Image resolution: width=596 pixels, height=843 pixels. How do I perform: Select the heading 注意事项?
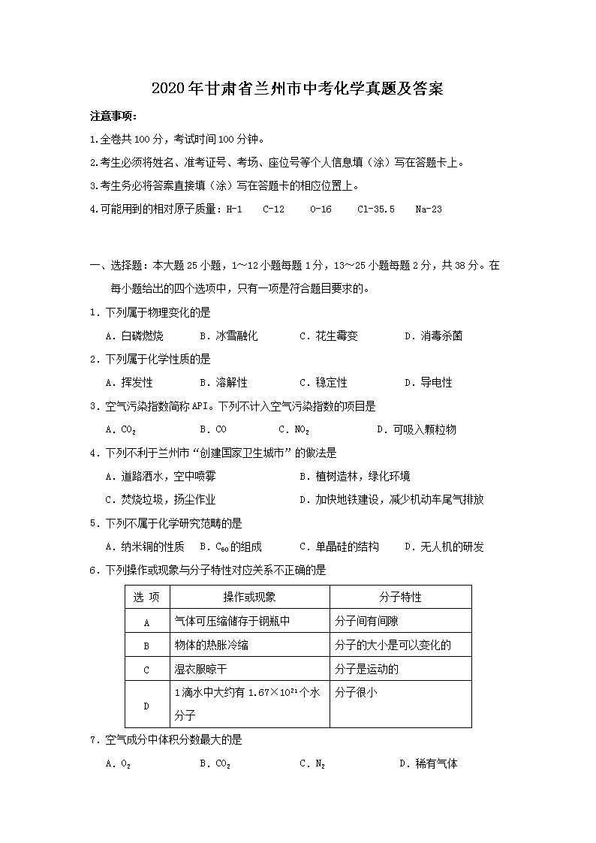tap(113, 116)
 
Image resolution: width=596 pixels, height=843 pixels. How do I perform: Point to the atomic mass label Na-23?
tap(429, 209)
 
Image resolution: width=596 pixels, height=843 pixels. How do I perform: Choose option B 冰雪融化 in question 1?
tap(229, 336)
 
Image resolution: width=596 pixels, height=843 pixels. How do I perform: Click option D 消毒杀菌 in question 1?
tap(433, 336)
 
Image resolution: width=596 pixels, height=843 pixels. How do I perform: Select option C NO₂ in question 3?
tap(293, 430)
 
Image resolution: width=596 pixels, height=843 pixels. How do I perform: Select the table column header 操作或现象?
tap(249, 598)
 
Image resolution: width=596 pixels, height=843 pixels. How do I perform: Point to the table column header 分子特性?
tap(400, 598)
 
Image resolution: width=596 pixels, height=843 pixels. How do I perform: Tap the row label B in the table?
tap(146, 646)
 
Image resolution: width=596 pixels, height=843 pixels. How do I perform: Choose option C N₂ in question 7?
tap(312, 764)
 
